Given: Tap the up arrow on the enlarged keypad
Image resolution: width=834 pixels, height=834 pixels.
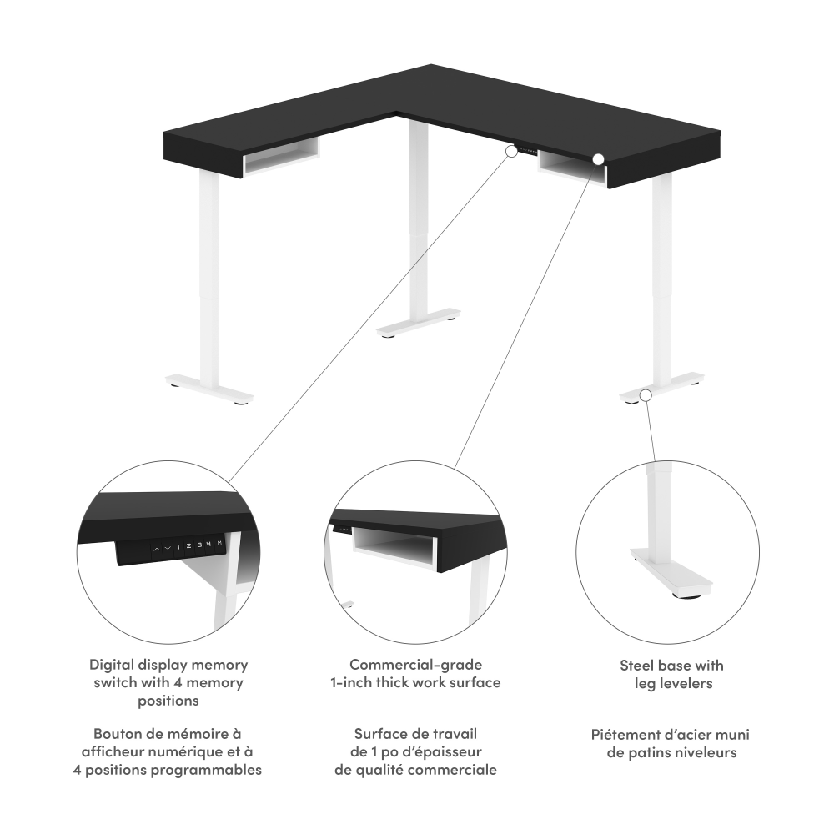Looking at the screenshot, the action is [157, 549].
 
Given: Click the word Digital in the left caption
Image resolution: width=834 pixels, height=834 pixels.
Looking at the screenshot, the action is [112, 665].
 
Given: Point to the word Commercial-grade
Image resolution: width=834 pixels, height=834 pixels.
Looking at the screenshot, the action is [416, 665].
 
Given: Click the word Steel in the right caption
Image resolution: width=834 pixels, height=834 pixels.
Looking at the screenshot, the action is [636, 666].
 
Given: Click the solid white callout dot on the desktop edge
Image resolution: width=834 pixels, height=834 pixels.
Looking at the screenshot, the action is [598, 158].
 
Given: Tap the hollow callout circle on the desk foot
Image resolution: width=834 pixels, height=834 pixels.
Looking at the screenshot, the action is [646, 395].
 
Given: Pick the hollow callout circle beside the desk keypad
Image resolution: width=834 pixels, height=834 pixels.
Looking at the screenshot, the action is [511, 152].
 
